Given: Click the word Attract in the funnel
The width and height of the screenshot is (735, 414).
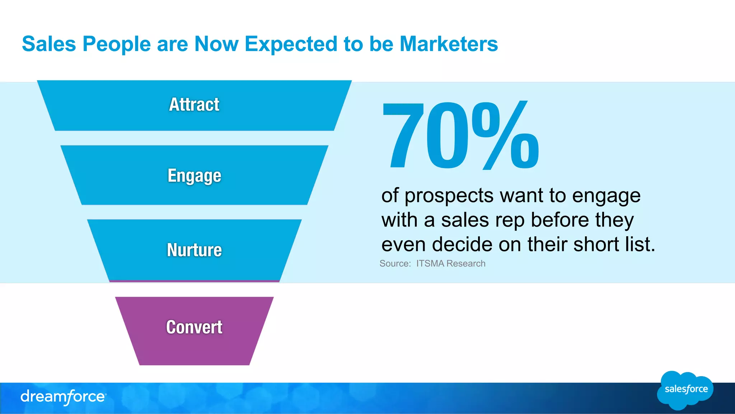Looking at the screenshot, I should [194, 105].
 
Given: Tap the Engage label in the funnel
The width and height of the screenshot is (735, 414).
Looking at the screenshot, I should [194, 176].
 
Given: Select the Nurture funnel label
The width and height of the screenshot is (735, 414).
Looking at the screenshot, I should [194, 250].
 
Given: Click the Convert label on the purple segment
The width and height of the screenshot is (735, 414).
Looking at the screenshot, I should [194, 327].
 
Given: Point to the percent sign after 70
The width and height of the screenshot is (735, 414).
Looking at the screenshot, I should [505, 136].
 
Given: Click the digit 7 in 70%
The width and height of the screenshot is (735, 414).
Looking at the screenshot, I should [403, 136].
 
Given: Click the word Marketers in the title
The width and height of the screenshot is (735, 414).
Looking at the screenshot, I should [449, 44].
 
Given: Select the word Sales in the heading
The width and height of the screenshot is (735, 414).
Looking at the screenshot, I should [49, 44].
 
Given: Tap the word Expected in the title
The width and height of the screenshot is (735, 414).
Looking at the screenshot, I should [291, 45].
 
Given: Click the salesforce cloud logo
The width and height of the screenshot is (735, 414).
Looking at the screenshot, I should [685, 390].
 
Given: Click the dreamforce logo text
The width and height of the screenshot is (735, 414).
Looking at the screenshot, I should [63, 397].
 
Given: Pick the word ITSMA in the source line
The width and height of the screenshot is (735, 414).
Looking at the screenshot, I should [430, 264].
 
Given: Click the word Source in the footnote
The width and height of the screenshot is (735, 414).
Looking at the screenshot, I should [394, 264].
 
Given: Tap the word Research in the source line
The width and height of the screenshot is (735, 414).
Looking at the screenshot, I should [466, 264].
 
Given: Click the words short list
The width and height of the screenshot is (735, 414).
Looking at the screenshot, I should [614, 245].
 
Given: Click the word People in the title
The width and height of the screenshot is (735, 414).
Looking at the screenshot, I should [117, 45].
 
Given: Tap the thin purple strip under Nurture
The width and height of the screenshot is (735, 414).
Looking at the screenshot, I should [194, 281].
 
